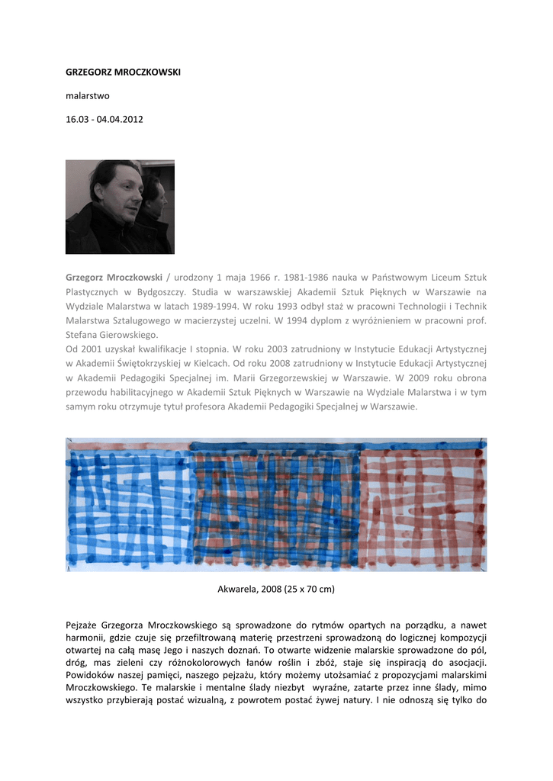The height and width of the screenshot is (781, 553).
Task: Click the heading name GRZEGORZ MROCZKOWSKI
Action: coord(123,72)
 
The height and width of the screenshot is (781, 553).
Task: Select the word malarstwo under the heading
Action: coord(88,96)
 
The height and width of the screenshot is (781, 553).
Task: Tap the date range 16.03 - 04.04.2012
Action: coord(104,120)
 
